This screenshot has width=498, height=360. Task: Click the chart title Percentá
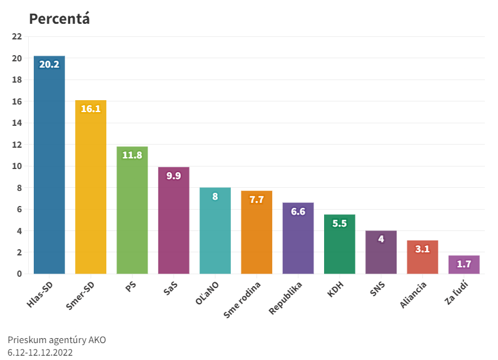click(59, 19)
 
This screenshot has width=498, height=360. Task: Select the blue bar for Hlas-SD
click(49, 169)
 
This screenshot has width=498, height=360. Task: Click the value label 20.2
click(49, 64)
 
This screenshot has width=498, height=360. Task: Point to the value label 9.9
click(173, 175)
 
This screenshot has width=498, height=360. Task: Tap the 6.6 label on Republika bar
click(298, 211)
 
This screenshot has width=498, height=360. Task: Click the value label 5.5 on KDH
click(339, 223)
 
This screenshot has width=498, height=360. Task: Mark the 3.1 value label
click(422, 249)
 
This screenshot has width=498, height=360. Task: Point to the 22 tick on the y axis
click(17, 36)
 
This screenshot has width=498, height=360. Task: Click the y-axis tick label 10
click(17, 166)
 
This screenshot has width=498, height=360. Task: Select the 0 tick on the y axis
click(19, 274)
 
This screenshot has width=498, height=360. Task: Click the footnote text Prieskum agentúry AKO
click(57, 340)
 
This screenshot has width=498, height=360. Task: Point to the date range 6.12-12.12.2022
click(41, 352)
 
